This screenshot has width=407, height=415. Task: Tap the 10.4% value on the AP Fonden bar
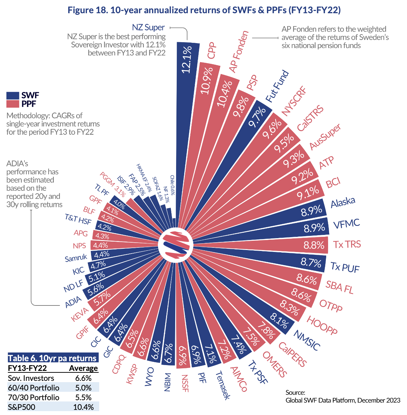224,93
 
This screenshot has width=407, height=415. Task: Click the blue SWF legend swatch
13,95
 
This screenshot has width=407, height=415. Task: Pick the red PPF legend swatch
13,104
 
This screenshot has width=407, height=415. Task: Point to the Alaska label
343,202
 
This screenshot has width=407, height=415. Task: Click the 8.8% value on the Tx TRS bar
314,245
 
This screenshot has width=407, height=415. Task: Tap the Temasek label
222,385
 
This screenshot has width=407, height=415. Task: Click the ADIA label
73,302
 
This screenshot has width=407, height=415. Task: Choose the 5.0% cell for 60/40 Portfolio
83,388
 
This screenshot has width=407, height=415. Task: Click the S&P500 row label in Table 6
22,407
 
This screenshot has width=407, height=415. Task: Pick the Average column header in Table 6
83,368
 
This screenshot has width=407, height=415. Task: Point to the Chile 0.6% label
172,185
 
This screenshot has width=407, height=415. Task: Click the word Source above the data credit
295,392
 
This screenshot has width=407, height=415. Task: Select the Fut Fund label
277,86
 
